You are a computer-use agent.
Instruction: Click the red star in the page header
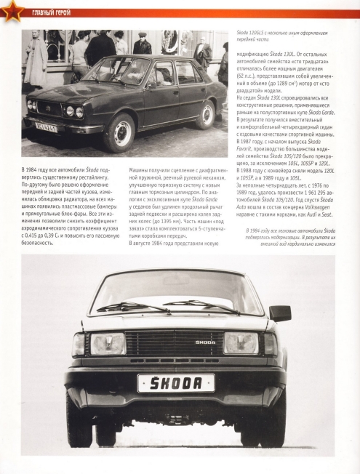point(9,11)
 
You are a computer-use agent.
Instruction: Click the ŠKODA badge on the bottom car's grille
point(206,341)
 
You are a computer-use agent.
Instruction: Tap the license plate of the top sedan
point(45,126)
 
